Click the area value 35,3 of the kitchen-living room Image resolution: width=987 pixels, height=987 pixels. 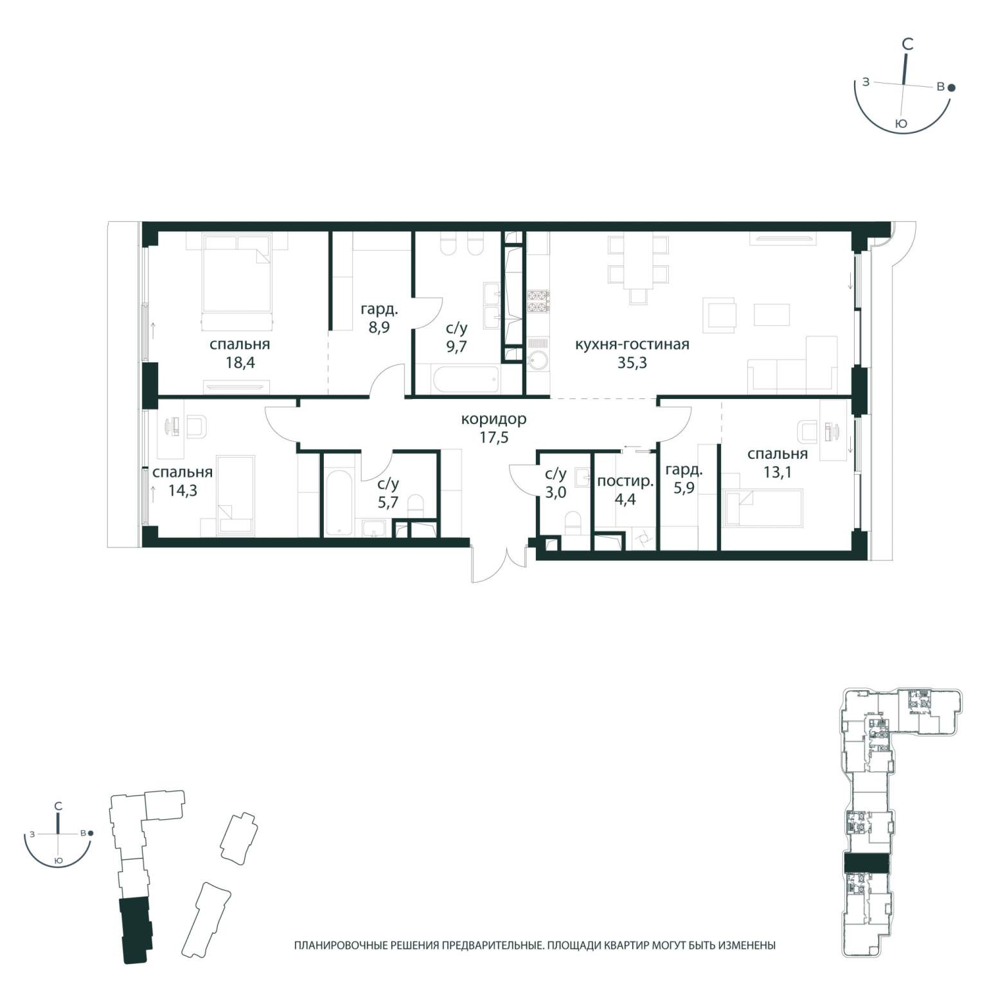pyautogui.click(x=632, y=362)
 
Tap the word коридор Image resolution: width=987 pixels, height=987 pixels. pyautogui.click(x=494, y=420)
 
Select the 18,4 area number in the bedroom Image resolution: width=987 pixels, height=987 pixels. pyautogui.click(x=240, y=362)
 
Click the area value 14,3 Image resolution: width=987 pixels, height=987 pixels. pyautogui.click(x=182, y=492)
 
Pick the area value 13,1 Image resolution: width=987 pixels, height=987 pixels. pyautogui.click(x=778, y=473)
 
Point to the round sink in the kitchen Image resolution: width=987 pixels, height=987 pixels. pyautogui.click(x=537, y=360)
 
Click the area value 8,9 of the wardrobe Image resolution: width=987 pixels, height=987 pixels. pyautogui.click(x=379, y=326)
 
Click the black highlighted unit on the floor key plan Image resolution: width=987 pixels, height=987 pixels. pyautogui.click(x=866, y=863)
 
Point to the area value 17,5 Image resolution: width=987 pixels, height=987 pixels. pyautogui.click(x=494, y=438)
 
